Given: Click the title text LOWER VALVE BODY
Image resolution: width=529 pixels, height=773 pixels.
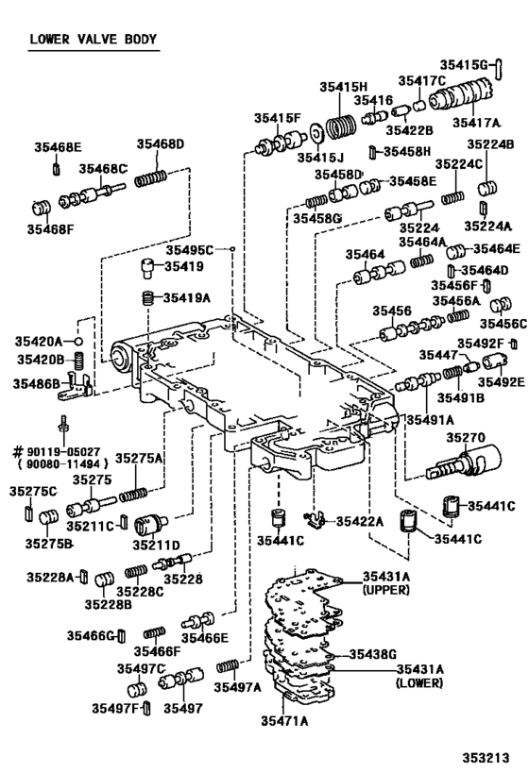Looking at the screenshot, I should click(x=93, y=40).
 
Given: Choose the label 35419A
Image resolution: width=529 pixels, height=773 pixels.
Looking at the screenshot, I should click(x=186, y=297).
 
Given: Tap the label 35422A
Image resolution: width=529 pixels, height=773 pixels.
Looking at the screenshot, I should click(x=360, y=521).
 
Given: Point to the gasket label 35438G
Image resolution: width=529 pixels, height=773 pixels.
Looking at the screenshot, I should click(x=372, y=653).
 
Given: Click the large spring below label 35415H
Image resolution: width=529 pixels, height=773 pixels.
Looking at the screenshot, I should click(x=341, y=125).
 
